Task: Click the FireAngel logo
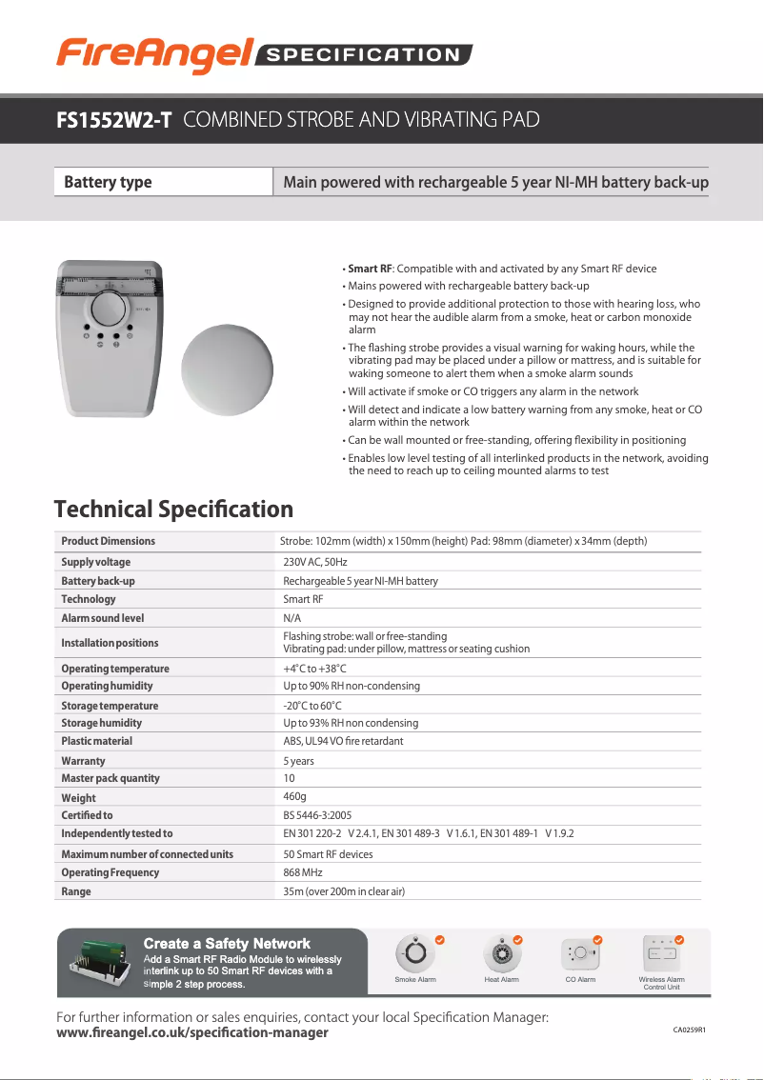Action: [152, 54]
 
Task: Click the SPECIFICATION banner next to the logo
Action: [363, 55]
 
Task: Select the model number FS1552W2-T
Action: [113, 120]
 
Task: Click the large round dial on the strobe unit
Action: [108, 310]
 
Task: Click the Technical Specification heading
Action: [173, 510]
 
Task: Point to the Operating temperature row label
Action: [115, 669]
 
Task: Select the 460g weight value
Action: [294, 796]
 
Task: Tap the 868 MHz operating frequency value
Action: [303, 872]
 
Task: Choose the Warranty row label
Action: [83, 761]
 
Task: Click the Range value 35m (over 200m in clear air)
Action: [344, 891]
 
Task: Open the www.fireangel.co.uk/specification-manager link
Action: [192, 1032]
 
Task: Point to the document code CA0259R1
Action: [695, 1030]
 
